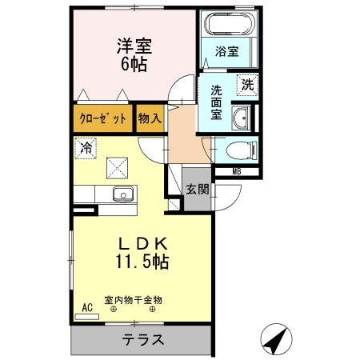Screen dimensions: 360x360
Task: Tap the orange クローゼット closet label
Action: click(x=104, y=120)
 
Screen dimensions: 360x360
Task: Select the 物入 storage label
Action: click(x=150, y=120)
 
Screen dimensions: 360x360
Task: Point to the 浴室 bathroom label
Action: click(x=226, y=54)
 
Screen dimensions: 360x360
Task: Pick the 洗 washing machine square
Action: click(x=246, y=83)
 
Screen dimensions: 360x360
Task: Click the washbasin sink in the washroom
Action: click(x=240, y=121)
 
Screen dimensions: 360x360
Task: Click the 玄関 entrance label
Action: click(x=198, y=190)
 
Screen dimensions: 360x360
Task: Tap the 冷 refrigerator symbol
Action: click(x=86, y=147)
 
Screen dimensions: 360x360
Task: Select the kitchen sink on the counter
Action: click(x=123, y=194)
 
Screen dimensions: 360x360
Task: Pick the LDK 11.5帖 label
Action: click(x=142, y=251)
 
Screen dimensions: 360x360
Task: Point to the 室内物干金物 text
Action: click(x=133, y=299)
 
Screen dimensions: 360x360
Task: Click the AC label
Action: click(x=86, y=305)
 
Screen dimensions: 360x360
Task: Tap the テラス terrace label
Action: click(x=144, y=339)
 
